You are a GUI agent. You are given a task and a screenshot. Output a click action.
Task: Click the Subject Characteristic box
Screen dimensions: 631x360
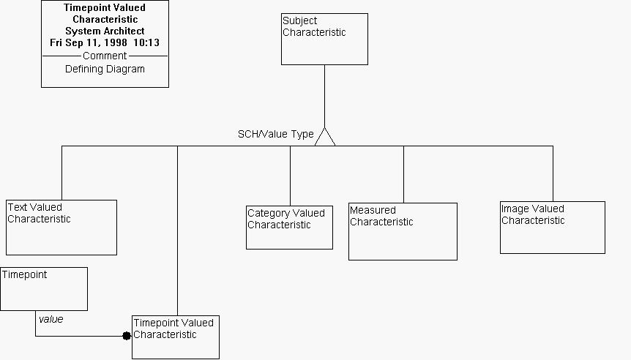pos(324,39)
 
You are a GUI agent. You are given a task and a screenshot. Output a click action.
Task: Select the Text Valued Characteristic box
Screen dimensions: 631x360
pos(61,228)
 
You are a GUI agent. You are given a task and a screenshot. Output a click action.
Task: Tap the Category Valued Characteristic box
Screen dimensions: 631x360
pos(289,228)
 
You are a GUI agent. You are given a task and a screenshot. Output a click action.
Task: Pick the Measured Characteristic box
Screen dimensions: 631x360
pos(403,231)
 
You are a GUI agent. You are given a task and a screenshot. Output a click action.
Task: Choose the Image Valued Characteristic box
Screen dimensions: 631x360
pos(553,228)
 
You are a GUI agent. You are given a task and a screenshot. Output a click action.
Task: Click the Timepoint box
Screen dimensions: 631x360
pos(44,289)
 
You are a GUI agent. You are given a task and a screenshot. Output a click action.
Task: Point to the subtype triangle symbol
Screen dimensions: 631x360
pos(325,137)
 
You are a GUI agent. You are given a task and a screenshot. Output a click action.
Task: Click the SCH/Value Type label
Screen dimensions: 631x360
pos(276,135)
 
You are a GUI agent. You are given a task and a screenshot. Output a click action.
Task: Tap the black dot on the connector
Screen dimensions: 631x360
pos(127,335)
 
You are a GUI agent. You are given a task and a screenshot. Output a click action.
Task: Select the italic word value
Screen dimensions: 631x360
pos(51,319)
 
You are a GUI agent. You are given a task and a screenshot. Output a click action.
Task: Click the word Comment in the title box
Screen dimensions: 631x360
pos(105,56)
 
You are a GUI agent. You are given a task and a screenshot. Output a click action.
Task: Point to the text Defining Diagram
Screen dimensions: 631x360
pos(105,70)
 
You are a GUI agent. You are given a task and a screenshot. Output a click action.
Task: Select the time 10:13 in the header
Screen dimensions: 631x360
pos(146,42)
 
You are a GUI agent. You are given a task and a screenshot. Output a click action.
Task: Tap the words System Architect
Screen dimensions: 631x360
pos(105,31)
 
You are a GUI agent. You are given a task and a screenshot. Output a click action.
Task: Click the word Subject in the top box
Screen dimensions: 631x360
pos(300,21)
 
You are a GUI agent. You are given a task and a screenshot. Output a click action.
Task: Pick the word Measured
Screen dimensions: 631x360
pos(373,211)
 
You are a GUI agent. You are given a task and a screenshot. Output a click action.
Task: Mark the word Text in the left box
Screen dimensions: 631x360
pos(17,207)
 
